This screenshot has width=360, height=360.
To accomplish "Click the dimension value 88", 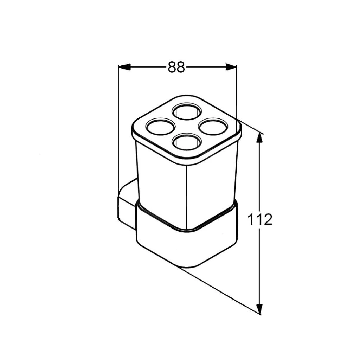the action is coord(176,67).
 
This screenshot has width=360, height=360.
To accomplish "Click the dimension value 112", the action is coord(260,219).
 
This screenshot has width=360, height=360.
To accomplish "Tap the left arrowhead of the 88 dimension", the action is coord(124,67).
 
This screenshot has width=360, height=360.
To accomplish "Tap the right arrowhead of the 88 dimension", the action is coord(231,67).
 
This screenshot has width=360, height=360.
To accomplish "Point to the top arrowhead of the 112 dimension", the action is coord(259,138).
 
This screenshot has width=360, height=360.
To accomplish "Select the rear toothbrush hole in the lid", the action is coord(187,111).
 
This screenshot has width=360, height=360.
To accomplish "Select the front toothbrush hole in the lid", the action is coord(187,142).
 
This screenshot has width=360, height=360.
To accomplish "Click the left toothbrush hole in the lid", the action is coord(160,127).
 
